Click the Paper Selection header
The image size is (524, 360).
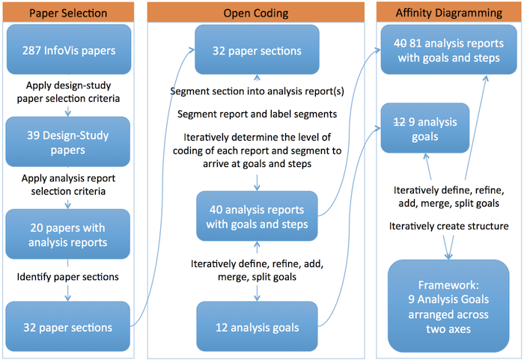(x=69, y=13)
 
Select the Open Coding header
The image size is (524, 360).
(x=256, y=13)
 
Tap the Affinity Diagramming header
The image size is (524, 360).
(x=448, y=13)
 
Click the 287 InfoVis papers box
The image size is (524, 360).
(x=69, y=49)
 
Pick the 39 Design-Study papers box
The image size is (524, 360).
(x=68, y=141)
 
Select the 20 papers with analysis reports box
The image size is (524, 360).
(x=68, y=234)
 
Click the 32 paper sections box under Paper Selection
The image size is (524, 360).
(x=68, y=326)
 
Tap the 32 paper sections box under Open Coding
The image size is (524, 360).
(x=257, y=50)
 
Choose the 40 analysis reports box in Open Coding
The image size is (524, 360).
(x=257, y=216)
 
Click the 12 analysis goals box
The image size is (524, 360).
(x=257, y=326)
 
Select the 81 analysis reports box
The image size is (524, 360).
(x=449, y=49)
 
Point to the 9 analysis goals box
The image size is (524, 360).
(x=425, y=128)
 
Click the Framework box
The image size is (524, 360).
(x=448, y=306)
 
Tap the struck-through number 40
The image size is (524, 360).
(x=400, y=43)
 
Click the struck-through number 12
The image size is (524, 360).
(x=399, y=122)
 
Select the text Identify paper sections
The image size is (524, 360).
(x=68, y=277)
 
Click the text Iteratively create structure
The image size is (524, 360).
(x=449, y=226)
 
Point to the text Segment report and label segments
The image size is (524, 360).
(x=257, y=115)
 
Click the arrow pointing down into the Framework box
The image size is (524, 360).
(x=448, y=247)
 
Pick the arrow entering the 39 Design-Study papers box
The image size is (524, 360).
(x=68, y=112)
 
